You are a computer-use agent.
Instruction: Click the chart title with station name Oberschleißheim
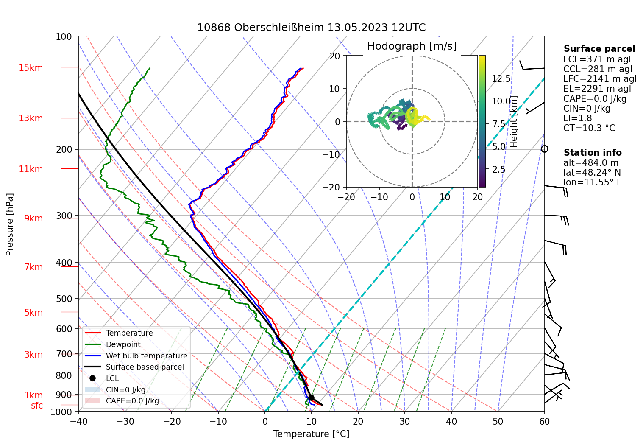(x=311, y=28)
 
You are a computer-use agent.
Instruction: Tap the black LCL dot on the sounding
(x=311, y=398)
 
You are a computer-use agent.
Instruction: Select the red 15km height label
(x=31, y=68)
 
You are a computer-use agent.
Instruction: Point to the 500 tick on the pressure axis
(x=64, y=299)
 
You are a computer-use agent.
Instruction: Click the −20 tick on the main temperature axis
(x=172, y=421)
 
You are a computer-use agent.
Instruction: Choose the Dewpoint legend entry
(x=123, y=344)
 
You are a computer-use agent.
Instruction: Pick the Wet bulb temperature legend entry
(x=146, y=356)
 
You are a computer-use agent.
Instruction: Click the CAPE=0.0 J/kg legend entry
(x=132, y=401)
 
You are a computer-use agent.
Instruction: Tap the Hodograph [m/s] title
(x=412, y=46)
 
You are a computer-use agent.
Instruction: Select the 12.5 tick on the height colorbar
(x=501, y=79)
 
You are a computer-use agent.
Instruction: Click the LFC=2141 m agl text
(x=600, y=79)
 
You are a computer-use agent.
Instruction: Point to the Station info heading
(x=592, y=153)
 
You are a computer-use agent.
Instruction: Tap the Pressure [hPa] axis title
(x=10, y=224)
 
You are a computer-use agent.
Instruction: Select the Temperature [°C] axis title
(x=311, y=434)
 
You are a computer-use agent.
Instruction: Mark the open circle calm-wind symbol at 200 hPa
(x=545, y=149)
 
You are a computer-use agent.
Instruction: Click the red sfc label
(x=37, y=406)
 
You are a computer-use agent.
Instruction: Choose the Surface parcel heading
(x=599, y=49)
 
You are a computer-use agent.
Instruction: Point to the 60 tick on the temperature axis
(x=544, y=421)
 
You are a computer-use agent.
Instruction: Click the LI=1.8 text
(x=577, y=118)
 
